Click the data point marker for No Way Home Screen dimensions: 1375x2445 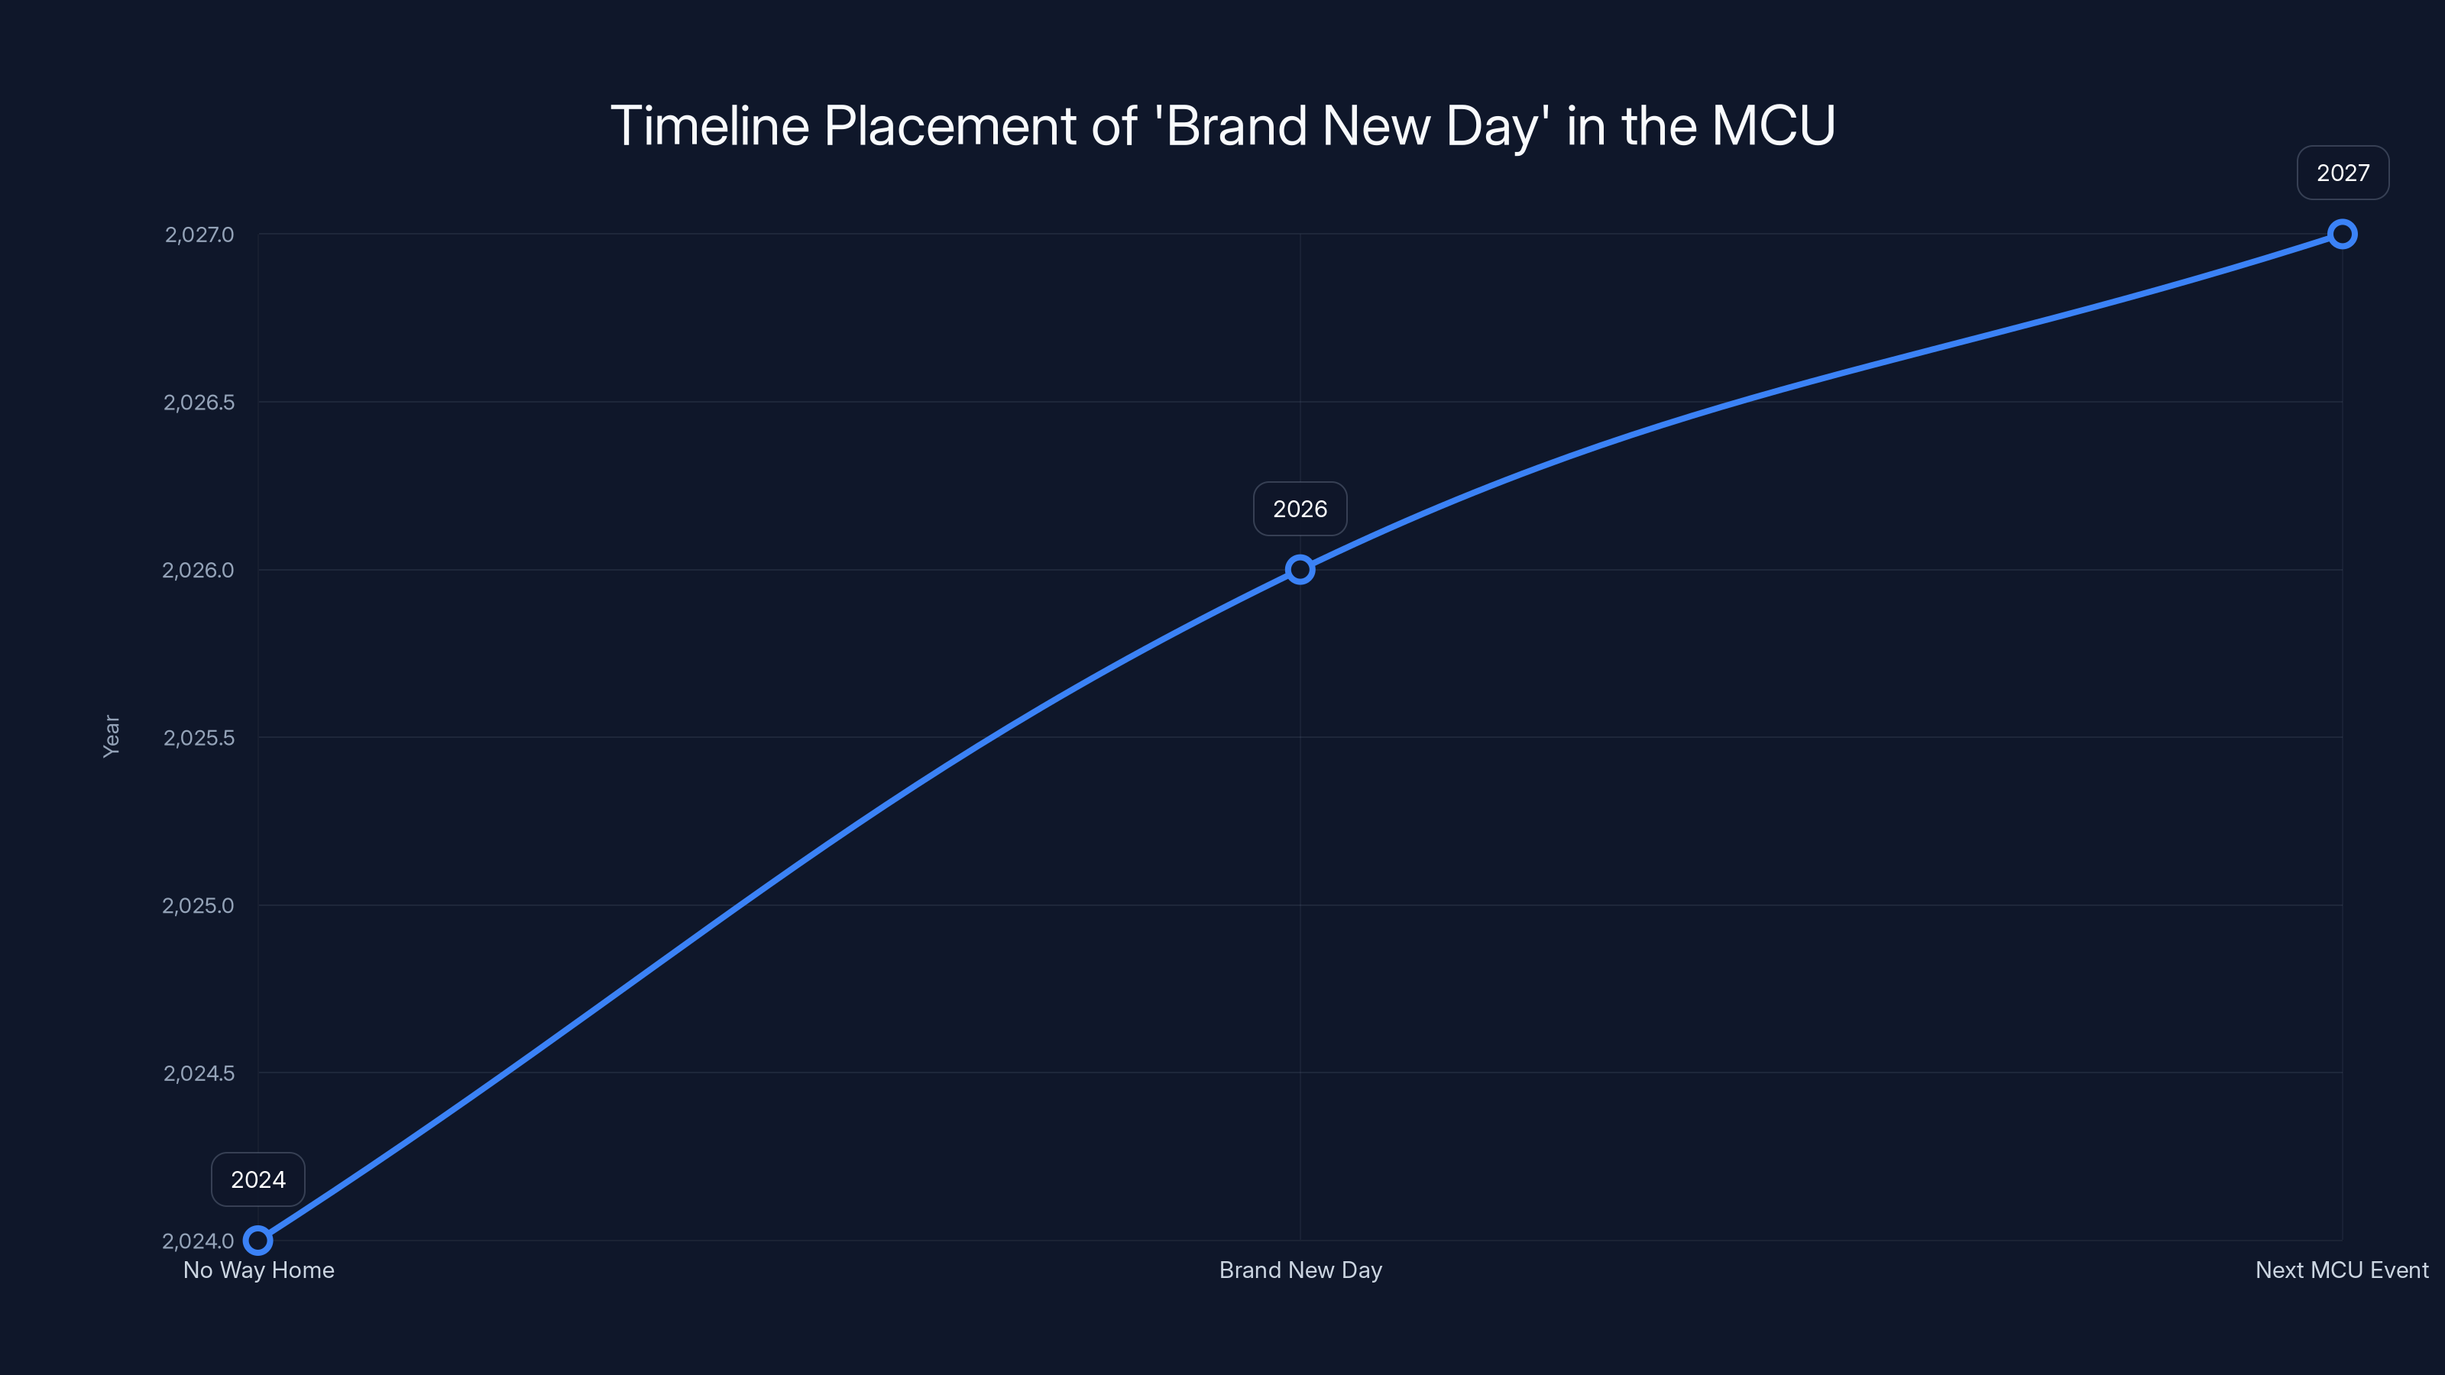(x=258, y=1241)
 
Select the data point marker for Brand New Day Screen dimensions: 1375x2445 (x=1300, y=569)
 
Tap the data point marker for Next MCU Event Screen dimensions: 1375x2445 (x=2343, y=235)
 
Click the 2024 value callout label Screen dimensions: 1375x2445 (x=258, y=1179)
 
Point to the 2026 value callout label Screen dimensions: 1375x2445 (x=1300, y=509)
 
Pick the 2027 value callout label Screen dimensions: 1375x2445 (x=2343, y=173)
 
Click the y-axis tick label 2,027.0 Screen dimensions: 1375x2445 (x=199, y=235)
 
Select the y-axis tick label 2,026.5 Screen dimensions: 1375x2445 (x=199, y=403)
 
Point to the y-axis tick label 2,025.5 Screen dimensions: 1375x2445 (x=199, y=737)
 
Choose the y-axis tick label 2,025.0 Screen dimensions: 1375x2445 (x=199, y=905)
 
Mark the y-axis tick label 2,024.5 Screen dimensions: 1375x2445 (x=199, y=1073)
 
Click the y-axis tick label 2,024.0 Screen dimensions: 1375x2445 (x=199, y=1241)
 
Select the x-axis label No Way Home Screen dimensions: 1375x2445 (x=258, y=1270)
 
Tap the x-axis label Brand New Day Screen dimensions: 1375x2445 (x=1300, y=1270)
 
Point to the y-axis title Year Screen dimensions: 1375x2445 (x=112, y=736)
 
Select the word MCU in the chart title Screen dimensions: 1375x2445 (x=1773, y=125)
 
